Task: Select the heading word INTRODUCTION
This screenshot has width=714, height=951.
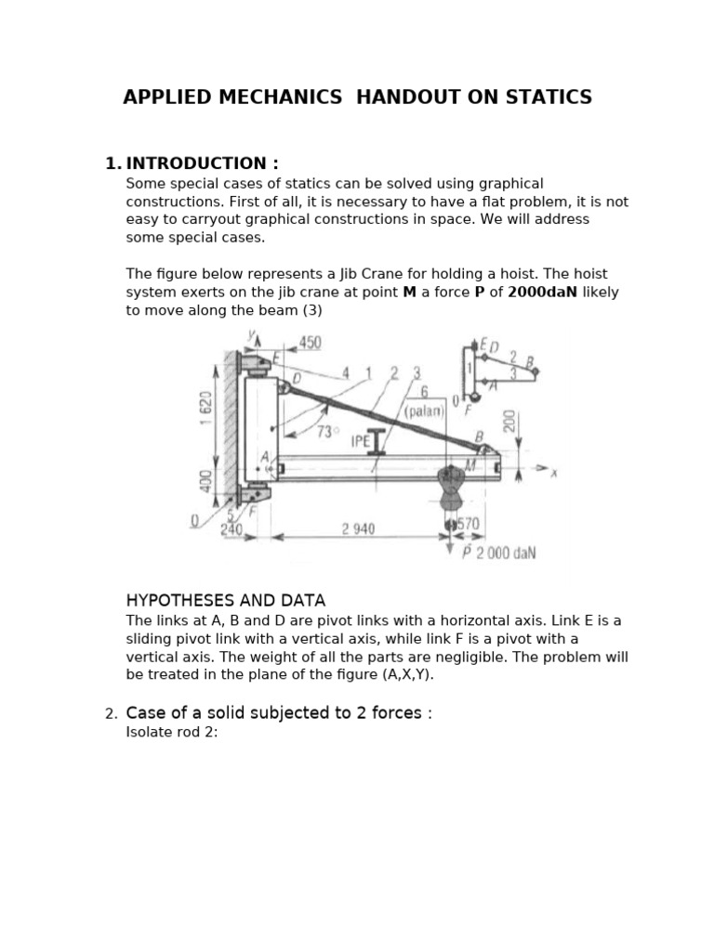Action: [x=202, y=163]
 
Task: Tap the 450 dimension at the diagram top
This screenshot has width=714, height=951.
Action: [x=310, y=343]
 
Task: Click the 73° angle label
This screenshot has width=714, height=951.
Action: [x=327, y=432]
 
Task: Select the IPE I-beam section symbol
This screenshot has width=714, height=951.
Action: [x=376, y=440]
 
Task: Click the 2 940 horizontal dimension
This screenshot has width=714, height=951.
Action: [x=358, y=528]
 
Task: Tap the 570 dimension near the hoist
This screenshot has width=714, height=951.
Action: [x=469, y=524]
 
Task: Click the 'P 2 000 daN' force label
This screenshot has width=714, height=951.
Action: [x=499, y=553]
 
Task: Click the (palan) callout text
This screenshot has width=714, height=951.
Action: [x=424, y=410]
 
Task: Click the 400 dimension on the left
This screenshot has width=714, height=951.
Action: [x=206, y=482]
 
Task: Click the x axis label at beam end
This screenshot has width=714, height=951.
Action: [x=553, y=473]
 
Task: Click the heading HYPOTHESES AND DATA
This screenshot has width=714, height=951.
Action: [x=225, y=600]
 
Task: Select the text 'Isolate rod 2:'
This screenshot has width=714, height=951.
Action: [x=171, y=732]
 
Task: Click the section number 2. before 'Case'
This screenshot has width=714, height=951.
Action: [x=111, y=713]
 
